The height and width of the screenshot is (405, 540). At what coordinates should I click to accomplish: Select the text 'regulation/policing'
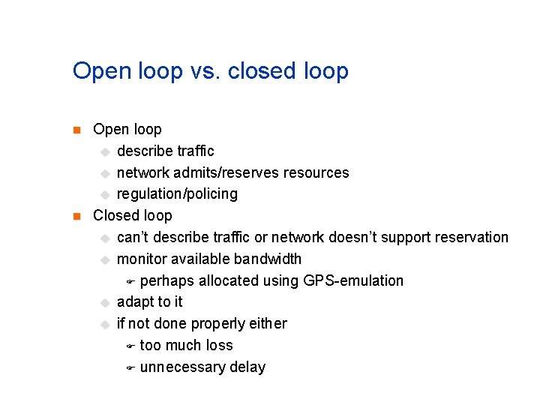click(x=177, y=194)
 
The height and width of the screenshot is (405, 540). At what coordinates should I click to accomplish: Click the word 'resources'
click(x=316, y=173)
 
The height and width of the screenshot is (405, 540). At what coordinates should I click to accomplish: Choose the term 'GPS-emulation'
click(x=353, y=281)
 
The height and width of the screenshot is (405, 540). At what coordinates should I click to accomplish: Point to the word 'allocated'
click(x=226, y=281)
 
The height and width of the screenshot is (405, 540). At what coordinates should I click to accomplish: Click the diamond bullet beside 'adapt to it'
click(x=104, y=303)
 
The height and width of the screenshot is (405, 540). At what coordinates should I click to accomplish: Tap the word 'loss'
click(x=218, y=346)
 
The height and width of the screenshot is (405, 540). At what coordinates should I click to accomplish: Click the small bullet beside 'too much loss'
click(x=129, y=346)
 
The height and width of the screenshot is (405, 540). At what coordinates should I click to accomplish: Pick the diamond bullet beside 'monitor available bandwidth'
click(x=104, y=260)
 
